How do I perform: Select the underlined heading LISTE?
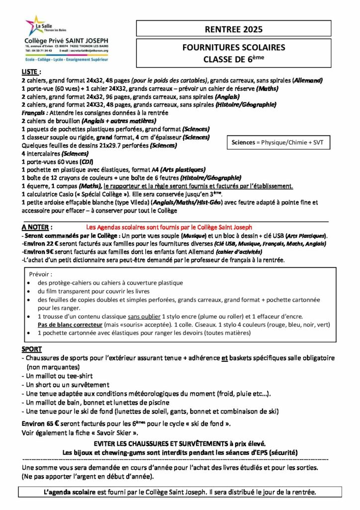click(x=31, y=72)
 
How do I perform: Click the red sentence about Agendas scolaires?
click(x=169, y=227)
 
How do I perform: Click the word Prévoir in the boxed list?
click(x=41, y=274)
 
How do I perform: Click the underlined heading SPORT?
click(x=32, y=349)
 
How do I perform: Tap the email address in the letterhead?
click(x=92, y=50)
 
